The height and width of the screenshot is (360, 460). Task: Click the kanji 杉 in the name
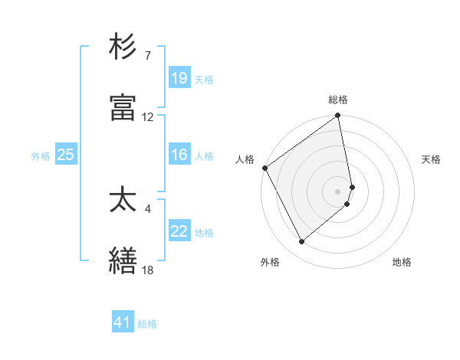[x=123, y=47]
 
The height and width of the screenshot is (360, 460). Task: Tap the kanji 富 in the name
[x=123, y=108]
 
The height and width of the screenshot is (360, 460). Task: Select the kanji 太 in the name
[x=123, y=200]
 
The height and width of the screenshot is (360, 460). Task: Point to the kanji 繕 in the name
[x=123, y=260]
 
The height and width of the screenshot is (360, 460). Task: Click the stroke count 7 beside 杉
[x=147, y=56]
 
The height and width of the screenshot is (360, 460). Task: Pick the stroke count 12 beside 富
[x=147, y=117]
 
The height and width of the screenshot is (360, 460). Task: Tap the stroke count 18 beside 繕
[x=147, y=270]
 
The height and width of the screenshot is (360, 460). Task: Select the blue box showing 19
[x=179, y=77]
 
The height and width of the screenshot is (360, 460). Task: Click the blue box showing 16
[x=179, y=155]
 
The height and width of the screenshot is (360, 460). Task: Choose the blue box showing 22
[x=179, y=231]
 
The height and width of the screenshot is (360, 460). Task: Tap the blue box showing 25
[x=66, y=155]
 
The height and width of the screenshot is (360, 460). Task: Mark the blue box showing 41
[x=123, y=322]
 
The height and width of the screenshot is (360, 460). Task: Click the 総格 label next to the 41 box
[x=147, y=324]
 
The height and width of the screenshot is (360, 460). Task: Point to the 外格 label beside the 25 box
[x=41, y=155]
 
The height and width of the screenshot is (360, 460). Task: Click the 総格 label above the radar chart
[x=338, y=100]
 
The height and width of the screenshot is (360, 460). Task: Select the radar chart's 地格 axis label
[x=402, y=262]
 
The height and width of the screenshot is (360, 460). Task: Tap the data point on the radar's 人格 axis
[x=264, y=168]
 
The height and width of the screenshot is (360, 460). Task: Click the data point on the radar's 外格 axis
[x=301, y=242]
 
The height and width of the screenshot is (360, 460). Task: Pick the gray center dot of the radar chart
[x=338, y=191]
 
